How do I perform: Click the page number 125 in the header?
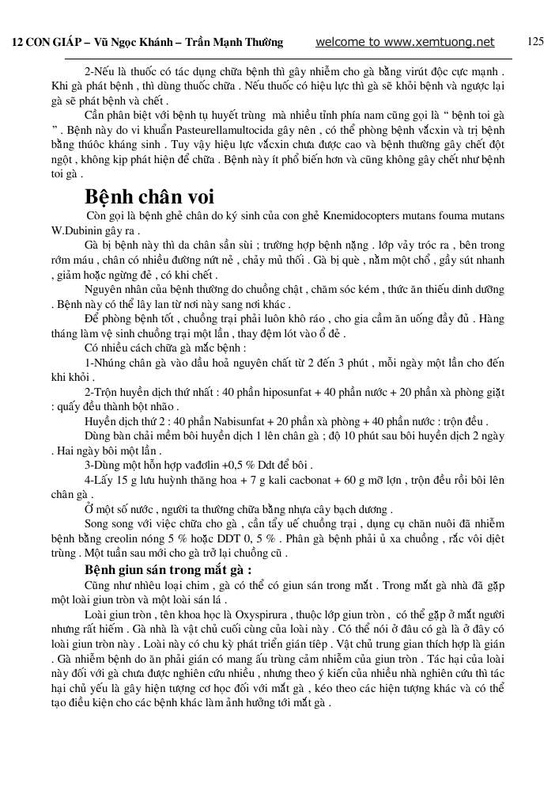coord(535,41)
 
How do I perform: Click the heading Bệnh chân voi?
coord(149,196)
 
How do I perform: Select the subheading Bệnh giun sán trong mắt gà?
coord(168,569)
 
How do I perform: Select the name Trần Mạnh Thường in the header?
coord(239,43)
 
